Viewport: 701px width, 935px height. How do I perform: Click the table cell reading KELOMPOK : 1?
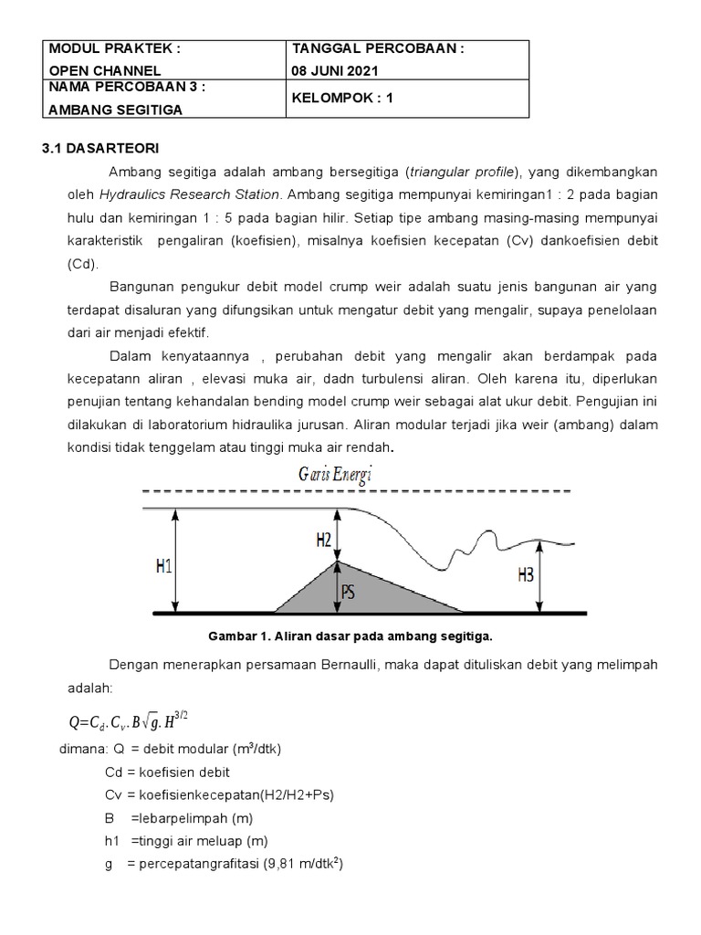click(341, 100)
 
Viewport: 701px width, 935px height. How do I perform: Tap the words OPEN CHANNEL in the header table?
click(105, 70)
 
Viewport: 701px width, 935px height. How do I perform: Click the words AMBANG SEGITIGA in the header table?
click(115, 110)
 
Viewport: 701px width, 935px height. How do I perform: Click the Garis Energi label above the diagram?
click(334, 474)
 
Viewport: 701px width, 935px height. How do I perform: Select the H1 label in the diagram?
click(164, 565)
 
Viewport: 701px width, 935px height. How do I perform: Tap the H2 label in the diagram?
click(323, 541)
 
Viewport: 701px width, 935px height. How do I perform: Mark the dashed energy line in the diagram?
click(356, 492)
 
